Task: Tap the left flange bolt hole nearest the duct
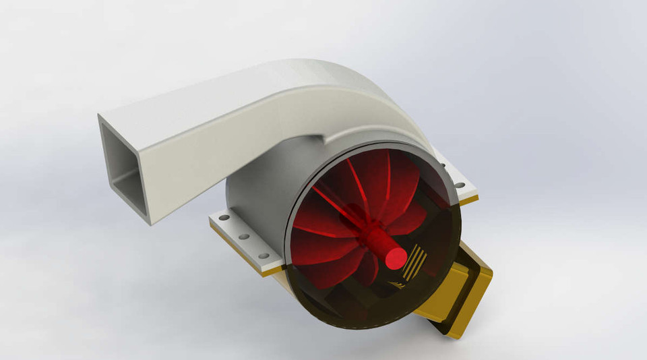224,218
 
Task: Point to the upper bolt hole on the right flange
442,164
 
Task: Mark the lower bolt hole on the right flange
460,185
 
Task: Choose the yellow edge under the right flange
468,200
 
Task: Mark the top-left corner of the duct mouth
99,116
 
